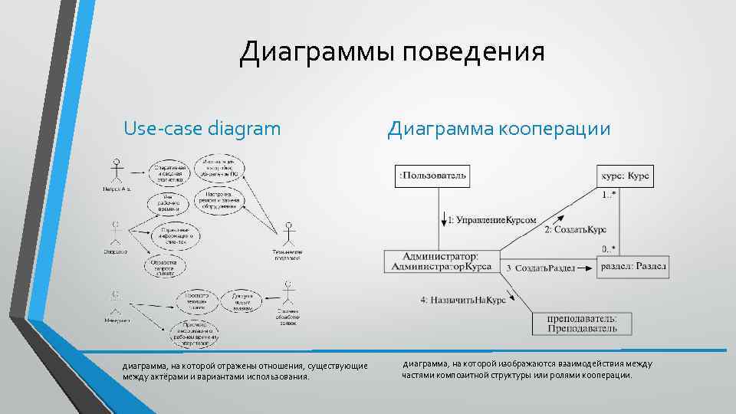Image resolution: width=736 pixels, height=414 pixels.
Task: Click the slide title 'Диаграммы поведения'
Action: point(392,52)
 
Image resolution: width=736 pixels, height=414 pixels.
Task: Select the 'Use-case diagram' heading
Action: point(202,128)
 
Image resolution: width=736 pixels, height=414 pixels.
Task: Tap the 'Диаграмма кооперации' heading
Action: point(499,128)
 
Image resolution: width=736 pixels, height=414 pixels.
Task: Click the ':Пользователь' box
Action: point(432,176)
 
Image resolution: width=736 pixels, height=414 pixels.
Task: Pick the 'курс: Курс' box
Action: point(625,176)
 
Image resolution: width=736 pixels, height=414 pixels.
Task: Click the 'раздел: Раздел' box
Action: point(633,266)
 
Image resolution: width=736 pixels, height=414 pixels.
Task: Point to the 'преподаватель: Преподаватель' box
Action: point(583,324)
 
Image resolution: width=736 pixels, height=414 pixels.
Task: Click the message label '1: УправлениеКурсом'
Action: point(491,220)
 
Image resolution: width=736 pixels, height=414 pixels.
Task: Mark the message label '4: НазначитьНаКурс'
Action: point(463,301)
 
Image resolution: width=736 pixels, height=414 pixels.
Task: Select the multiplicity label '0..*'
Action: point(608,248)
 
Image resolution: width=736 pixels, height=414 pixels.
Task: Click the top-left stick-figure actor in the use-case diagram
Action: point(117,171)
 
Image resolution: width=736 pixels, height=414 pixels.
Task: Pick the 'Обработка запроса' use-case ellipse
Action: point(163,266)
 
